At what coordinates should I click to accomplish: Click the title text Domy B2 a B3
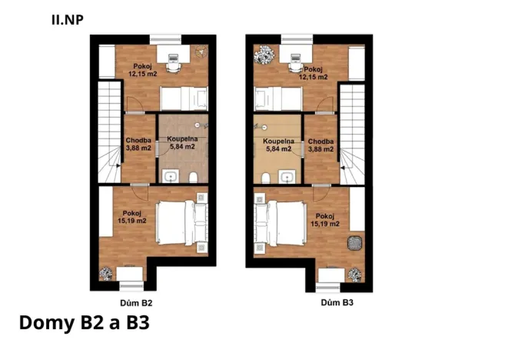click(x=83, y=323)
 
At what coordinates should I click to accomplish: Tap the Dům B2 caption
click(x=136, y=303)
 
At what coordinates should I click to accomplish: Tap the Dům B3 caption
click(x=337, y=303)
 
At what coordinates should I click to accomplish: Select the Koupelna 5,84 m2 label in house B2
click(x=181, y=143)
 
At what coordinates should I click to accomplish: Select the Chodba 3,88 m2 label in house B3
click(x=320, y=145)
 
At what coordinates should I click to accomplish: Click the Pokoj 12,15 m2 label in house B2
click(x=142, y=71)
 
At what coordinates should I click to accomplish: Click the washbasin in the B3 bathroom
click(x=287, y=178)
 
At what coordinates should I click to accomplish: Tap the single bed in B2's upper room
click(x=184, y=98)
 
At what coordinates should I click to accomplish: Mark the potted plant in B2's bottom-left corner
click(x=106, y=273)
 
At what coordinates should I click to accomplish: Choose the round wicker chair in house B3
click(x=354, y=243)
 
